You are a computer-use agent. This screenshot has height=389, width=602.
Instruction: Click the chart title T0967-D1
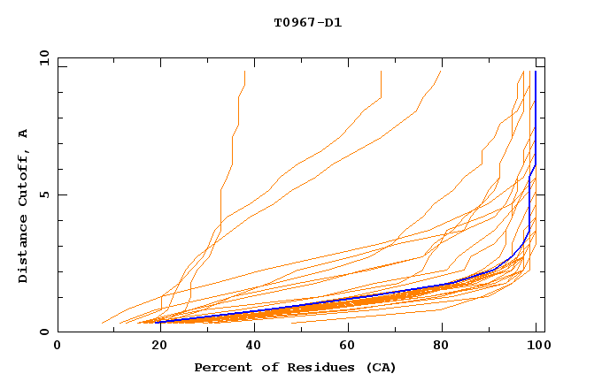307,23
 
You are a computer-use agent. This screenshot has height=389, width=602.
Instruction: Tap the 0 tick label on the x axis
58,346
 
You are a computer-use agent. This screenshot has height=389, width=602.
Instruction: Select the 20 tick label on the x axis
154,346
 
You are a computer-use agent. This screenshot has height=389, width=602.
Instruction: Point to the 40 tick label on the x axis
250,346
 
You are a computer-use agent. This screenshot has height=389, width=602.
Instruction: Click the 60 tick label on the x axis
346,346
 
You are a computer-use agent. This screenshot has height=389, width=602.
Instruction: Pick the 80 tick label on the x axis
442,346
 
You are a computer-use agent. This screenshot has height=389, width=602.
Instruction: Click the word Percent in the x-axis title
222,367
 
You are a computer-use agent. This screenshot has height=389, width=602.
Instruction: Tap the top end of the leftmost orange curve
244,72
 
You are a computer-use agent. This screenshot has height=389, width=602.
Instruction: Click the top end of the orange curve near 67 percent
381,72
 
